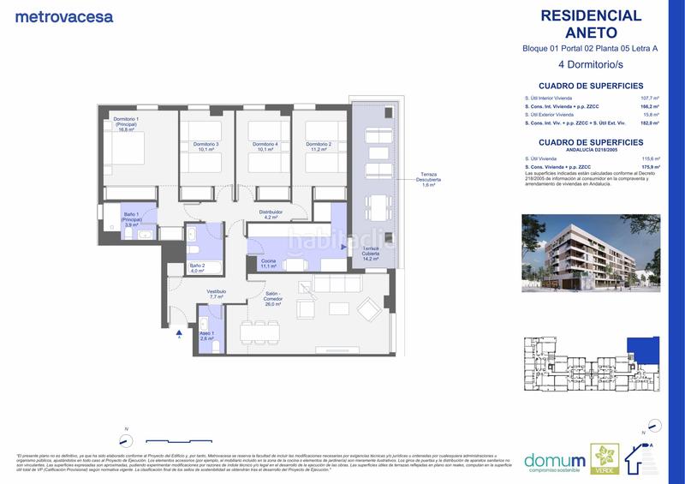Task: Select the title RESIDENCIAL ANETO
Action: (591, 23)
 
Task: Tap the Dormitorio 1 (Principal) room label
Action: (126, 124)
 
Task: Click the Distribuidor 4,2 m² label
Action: (271, 214)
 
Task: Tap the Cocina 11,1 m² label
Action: (268, 263)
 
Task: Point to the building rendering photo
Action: (591, 253)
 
